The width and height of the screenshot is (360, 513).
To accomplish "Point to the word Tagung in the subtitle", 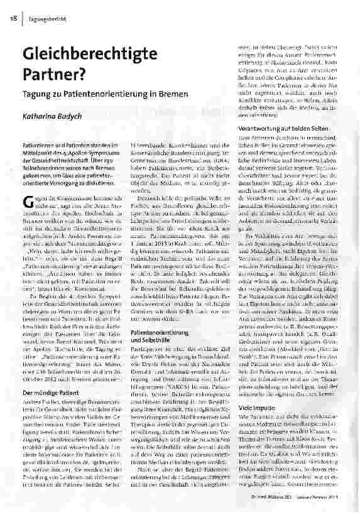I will pyautogui.click(x=39, y=95).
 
